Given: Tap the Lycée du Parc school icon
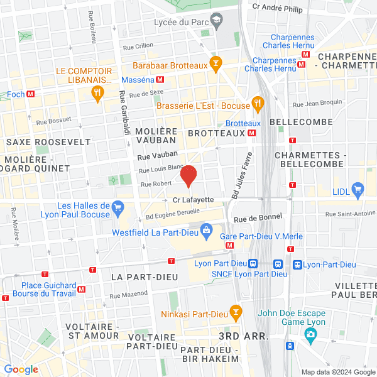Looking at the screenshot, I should [216, 21].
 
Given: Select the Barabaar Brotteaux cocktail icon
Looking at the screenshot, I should [216, 63].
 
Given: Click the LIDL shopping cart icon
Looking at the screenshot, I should [358, 188].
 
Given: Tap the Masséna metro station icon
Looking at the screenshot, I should [160, 80].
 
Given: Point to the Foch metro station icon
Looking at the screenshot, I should [30, 95].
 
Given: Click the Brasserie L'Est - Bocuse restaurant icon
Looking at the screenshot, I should [256, 103].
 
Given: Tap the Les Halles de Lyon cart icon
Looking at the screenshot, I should [117, 206].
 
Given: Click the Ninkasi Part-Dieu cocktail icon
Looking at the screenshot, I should [236, 311].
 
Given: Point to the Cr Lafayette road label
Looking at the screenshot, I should [193, 200].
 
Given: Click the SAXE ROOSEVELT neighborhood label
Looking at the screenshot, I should [48, 142].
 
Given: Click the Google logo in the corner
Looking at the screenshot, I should [21, 369].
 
